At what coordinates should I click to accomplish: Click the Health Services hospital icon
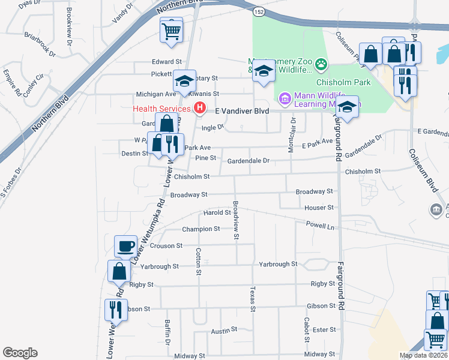coord(201,109)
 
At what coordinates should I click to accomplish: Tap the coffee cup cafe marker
coord(126,246)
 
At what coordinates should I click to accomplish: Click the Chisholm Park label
coord(344,82)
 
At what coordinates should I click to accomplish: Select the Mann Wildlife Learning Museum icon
coord(285,97)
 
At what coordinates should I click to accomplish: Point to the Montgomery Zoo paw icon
coord(322,62)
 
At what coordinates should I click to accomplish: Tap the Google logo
coord(20,353)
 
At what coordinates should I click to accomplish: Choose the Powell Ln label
coord(320,227)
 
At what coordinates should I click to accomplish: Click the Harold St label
coord(217,212)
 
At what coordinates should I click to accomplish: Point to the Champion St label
coord(200,229)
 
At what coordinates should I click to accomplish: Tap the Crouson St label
coord(166,246)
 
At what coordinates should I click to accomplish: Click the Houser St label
coord(319,208)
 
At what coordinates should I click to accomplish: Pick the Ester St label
coord(324,329)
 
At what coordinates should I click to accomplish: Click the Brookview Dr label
coord(69,35)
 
